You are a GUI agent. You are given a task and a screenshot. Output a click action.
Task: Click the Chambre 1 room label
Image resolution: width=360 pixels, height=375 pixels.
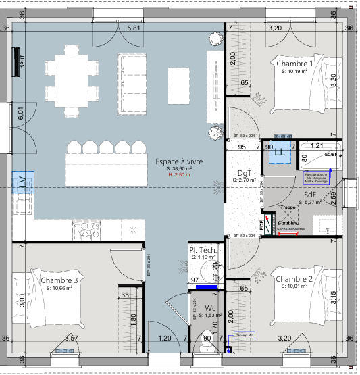[295, 64]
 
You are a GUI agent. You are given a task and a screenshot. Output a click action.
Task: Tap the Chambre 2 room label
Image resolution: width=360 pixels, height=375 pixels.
[294, 279]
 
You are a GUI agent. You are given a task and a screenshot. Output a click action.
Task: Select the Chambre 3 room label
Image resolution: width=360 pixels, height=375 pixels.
[59, 280]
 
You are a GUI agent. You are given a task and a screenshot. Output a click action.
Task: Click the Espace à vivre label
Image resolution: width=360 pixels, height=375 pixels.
[179, 162]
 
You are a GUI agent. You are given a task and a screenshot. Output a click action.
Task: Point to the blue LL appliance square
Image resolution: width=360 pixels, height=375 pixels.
[280, 153]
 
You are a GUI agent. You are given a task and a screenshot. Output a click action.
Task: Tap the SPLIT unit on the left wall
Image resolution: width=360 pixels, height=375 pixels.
[16, 63]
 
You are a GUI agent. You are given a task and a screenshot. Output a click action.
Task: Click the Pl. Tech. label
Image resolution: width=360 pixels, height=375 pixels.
[203, 251]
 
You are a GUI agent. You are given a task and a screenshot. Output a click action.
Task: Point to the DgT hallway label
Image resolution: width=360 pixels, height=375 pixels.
[244, 173]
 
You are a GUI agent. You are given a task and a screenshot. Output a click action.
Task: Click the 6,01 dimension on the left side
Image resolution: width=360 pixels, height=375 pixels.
[21, 114]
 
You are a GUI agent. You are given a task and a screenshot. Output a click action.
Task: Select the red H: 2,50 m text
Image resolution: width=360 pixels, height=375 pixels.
[178, 175]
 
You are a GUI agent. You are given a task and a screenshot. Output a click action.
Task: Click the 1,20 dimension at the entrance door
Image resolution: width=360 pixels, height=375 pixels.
[164, 338]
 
